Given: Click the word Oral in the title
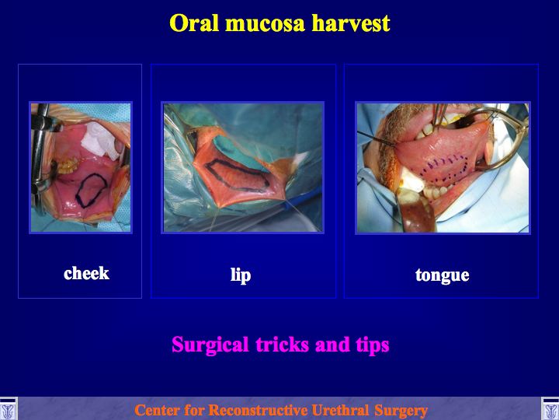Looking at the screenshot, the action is coord(194,23).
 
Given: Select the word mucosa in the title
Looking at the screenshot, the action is coord(265,24).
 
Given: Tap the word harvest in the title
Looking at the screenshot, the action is coord(351,23).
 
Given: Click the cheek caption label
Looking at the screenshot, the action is coord(86,273).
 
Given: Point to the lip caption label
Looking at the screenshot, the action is coord(241,275).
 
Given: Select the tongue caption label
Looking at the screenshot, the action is coord(442,275).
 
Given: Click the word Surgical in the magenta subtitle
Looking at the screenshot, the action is coord(210,345).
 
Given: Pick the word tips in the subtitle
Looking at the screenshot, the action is coord(373,345).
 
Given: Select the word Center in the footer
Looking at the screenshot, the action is coord(156,411).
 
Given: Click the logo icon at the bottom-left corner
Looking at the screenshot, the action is coord(9,409).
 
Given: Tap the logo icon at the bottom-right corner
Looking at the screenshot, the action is coord(550,409).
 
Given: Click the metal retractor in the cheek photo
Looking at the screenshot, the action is coord(40,150).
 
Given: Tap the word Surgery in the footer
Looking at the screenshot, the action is coord(401,411).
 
